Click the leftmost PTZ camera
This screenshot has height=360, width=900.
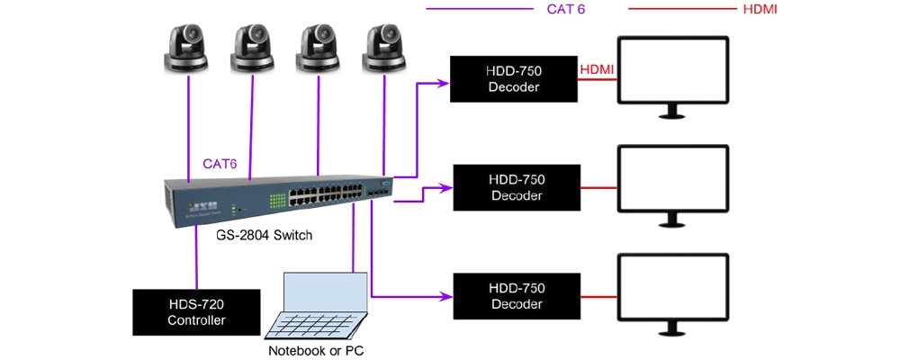pyautogui.click(x=188, y=48)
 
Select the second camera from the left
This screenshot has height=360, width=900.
pyautogui.click(x=253, y=48)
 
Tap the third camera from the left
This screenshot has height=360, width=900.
pyautogui.click(x=319, y=48)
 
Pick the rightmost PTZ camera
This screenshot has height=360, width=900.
pyautogui.click(x=384, y=48)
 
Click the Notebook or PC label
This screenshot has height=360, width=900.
pyautogui.click(x=314, y=350)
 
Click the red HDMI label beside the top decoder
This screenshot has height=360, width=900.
pyautogui.click(x=598, y=68)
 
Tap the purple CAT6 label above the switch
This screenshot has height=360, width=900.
pyautogui.click(x=221, y=164)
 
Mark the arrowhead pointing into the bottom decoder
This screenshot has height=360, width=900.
pyautogui.click(x=444, y=295)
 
